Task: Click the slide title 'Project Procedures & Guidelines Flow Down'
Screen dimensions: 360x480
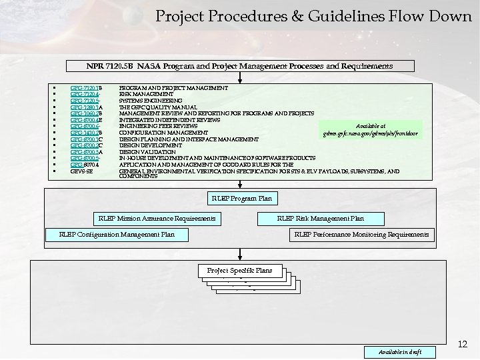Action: (x=313, y=15)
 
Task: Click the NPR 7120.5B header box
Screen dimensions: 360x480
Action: (x=240, y=66)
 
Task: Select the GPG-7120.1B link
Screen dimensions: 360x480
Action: (x=86, y=88)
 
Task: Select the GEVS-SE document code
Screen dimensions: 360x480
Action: (x=81, y=171)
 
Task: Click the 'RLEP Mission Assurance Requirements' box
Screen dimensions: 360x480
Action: (x=157, y=219)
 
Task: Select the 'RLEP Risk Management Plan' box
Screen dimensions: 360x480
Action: (x=320, y=219)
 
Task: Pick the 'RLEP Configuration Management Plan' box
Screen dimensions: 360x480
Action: (x=117, y=235)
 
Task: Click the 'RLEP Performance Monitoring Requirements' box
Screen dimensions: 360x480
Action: (x=361, y=235)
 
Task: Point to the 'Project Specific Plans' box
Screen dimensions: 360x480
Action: (x=239, y=271)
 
